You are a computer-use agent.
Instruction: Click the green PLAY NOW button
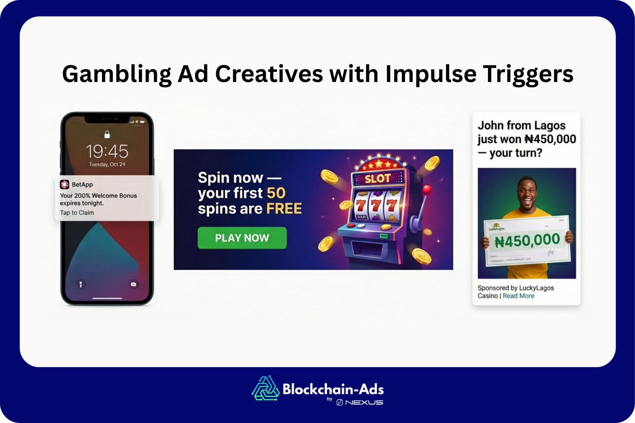(x=242, y=238)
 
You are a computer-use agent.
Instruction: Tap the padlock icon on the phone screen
(x=107, y=134)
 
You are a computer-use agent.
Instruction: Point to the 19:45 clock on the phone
(x=107, y=152)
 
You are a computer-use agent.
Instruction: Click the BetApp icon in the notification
(x=65, y=184)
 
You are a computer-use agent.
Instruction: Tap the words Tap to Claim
(x=77, y=213)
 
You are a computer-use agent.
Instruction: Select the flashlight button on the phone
(x=81, y=284)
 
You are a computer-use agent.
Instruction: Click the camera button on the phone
(x=133, y=284)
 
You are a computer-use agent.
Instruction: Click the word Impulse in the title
(x=431, y=74)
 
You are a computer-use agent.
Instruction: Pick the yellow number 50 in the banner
(x=276, y=193)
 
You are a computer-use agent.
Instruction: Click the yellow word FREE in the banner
(x=284, y=209)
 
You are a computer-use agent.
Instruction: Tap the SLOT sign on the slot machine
(x=377, y=179)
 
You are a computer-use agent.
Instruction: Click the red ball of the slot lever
(x=427, y=190)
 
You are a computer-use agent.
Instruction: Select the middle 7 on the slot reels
(x=376, y=205)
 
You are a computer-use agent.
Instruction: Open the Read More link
(x=518, y=296)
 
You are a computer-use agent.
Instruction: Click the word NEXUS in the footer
(x=364, y=402)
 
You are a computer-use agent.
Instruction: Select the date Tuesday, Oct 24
(x=107, y=164)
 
